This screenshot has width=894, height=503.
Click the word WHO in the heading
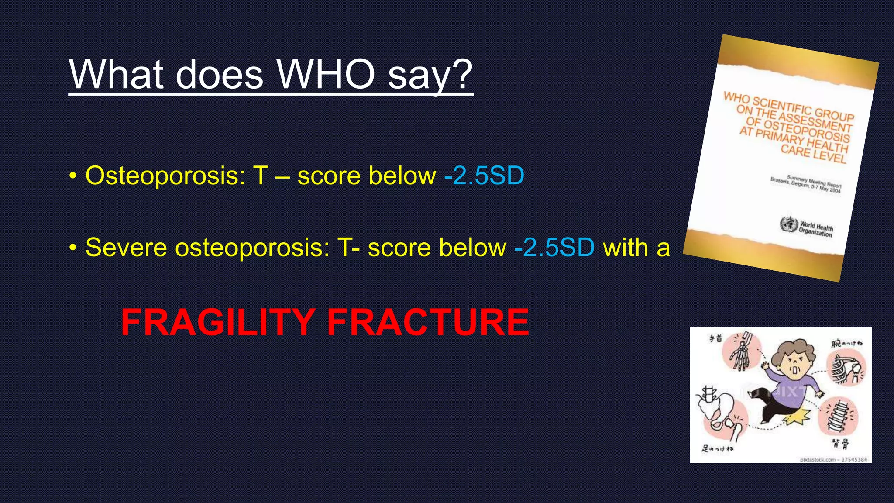[326, 74]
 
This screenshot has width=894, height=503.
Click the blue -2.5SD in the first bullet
[484, 176]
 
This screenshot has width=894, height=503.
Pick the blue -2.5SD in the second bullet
[554, 248]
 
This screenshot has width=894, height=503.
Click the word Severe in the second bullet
[126, 248]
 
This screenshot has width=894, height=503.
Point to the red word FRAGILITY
[218, 322]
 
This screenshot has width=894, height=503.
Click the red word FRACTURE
[428, 322]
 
